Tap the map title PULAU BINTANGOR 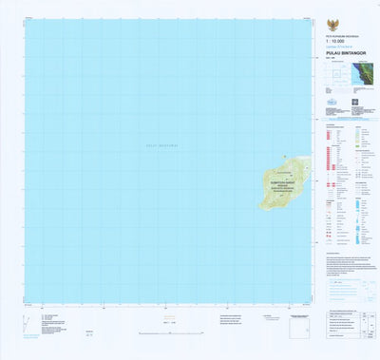(x=337, y=54)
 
